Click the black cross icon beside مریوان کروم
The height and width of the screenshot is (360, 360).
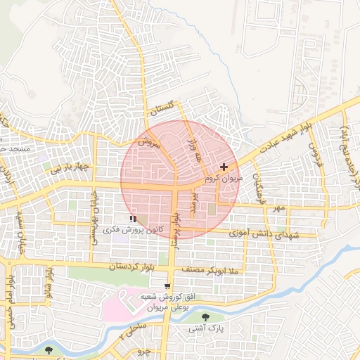tap(224, 167)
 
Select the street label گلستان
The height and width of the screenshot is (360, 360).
tap(161, 108)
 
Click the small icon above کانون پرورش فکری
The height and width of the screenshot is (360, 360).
tap(134, 219)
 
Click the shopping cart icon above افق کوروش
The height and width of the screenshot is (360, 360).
tap(167, 285)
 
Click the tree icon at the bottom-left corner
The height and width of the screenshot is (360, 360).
tap(48, 349)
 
